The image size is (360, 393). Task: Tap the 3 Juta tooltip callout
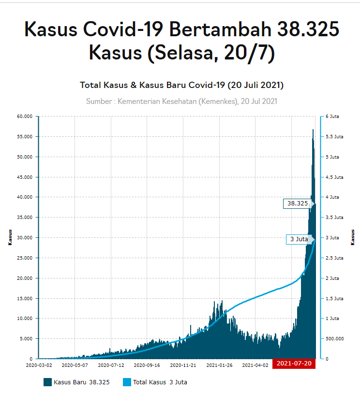(x=299, y=239)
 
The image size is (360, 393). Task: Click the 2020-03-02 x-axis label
(x=39, y=365)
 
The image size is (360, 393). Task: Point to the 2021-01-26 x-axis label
(x=219, y=365)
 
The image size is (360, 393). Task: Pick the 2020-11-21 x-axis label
(x=183, y=365)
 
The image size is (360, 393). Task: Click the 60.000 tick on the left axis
(x=24, y=116)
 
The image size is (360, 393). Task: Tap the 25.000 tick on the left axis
(x=24, y=258)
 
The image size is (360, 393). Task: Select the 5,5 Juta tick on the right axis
(x=334, y=137)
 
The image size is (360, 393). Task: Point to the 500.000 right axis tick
(x=334, y=339)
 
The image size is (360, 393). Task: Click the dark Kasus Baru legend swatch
(x=47, y=382)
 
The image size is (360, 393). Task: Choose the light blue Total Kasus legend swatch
(x=127, y=382)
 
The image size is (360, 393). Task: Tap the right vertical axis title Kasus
(x=353, y=237)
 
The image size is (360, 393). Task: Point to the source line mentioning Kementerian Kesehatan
(x=181, y=102)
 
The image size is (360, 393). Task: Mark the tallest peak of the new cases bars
(x=313, y=130)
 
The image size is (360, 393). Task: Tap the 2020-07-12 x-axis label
(x=111, y=365)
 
